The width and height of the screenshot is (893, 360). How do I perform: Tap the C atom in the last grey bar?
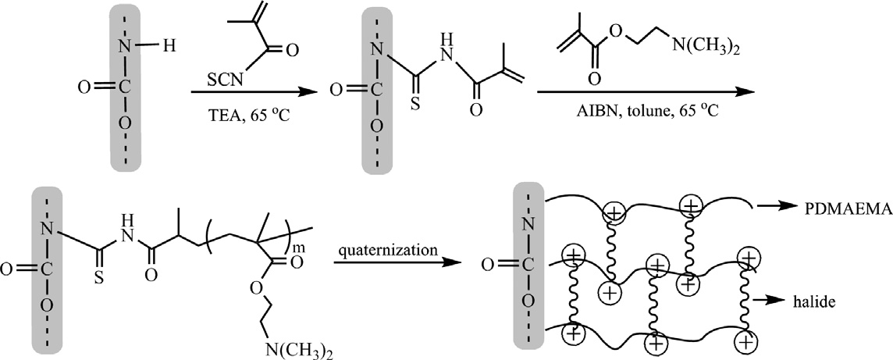pos(535,271)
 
